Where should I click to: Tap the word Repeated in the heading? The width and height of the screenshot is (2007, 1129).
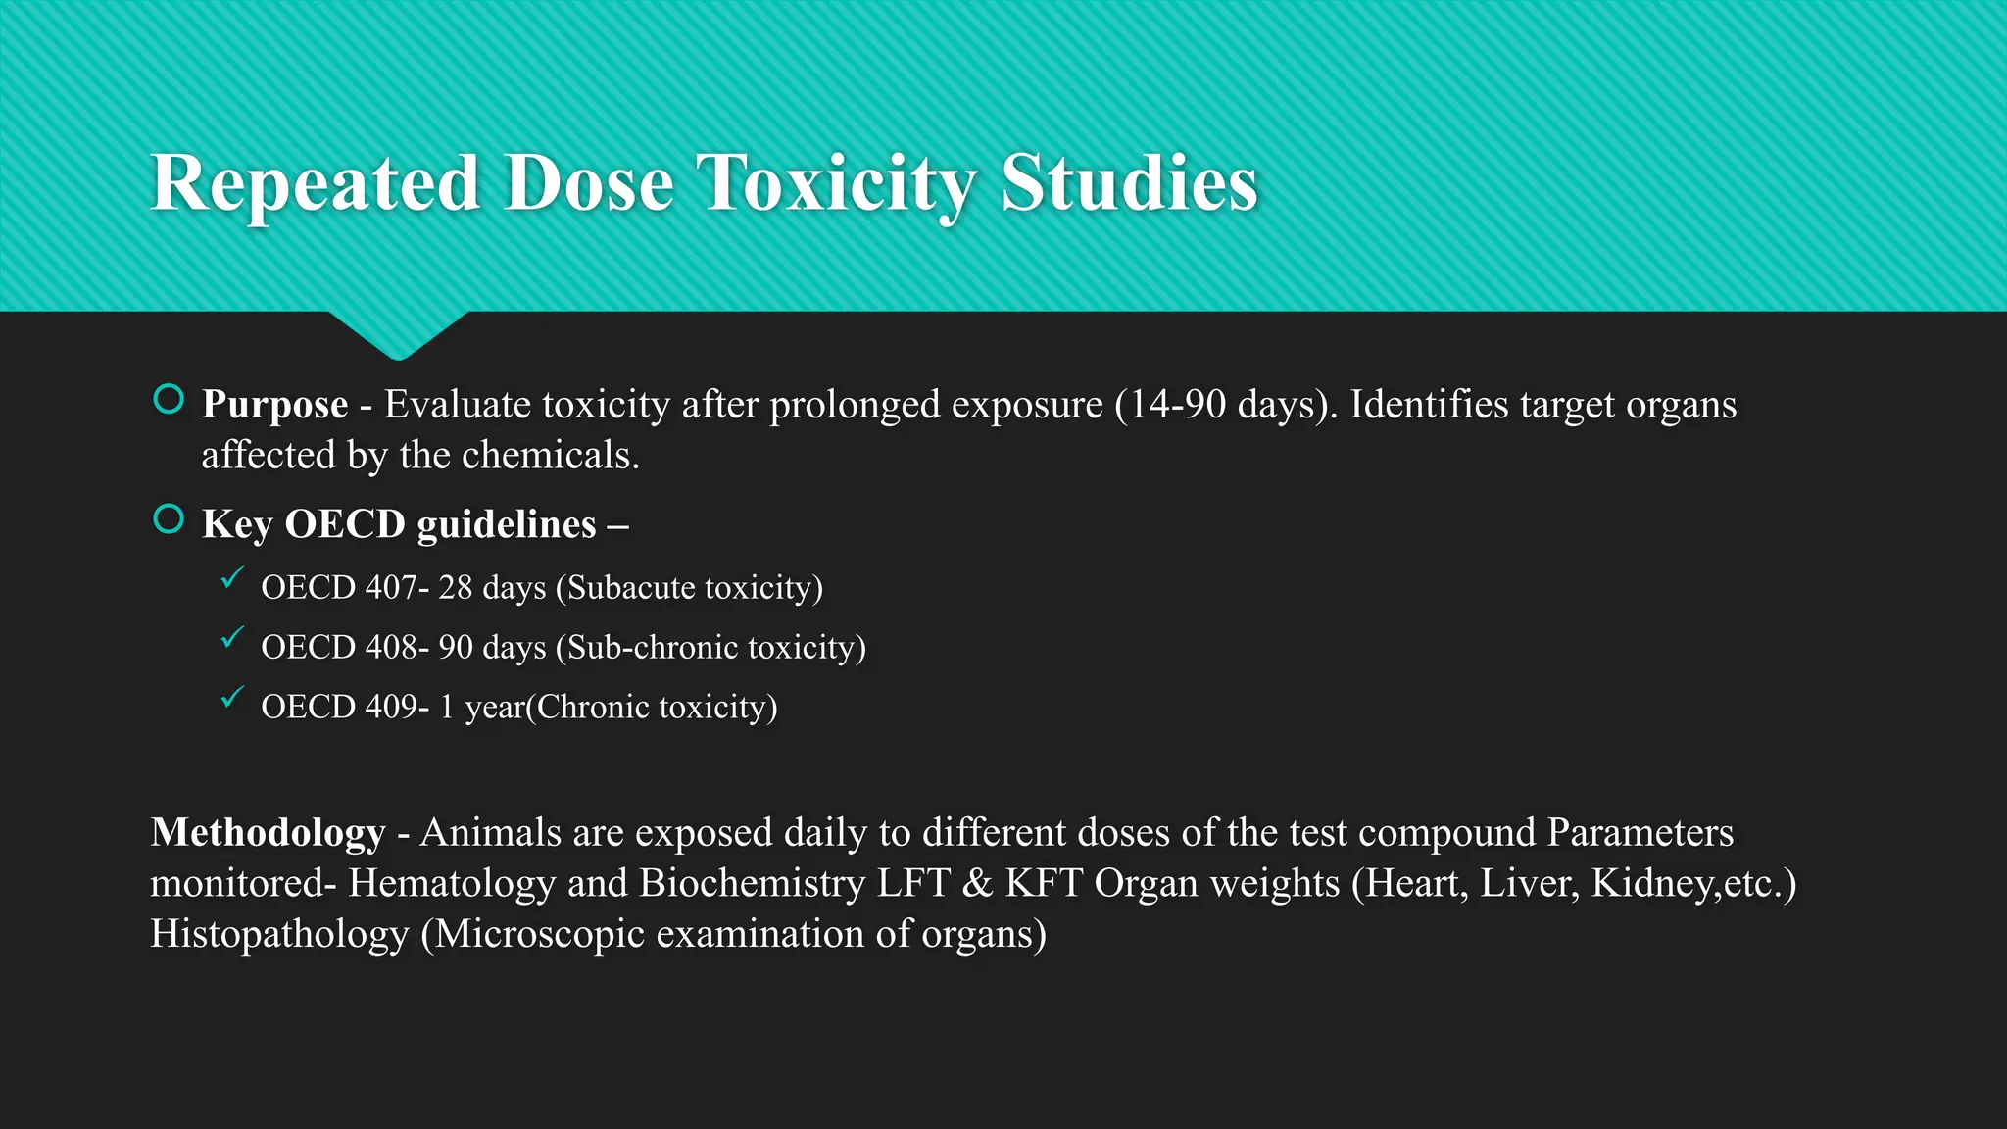[x=315, y=183]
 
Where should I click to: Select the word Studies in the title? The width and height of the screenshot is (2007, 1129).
[x=1129, y=183]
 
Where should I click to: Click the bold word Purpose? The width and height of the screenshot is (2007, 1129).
[x=274, y=405]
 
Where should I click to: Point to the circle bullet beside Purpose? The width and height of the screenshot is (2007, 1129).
[x=169, y=400]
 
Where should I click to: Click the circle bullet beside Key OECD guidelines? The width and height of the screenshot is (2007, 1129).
[x=169, y=519]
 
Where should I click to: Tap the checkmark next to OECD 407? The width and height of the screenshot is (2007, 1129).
[x=231, y=579]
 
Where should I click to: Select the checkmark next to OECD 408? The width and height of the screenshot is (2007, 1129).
[x=231, y=639]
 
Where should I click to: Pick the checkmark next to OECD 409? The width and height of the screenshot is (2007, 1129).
[x=231, y=699]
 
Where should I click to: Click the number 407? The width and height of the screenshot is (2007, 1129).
[x=391, y=588]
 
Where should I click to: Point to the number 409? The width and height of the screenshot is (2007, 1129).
[x=391, y=708]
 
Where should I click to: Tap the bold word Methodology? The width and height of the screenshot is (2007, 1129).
[x=268, y=833]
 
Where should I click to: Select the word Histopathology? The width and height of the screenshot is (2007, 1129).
[x=279, y=934]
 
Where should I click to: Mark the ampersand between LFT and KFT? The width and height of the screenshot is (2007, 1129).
[x=977, y=883]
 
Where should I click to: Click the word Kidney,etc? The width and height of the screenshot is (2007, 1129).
[x=1693, y=883]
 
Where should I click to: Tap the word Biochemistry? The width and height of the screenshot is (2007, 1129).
[x=752, y=883]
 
